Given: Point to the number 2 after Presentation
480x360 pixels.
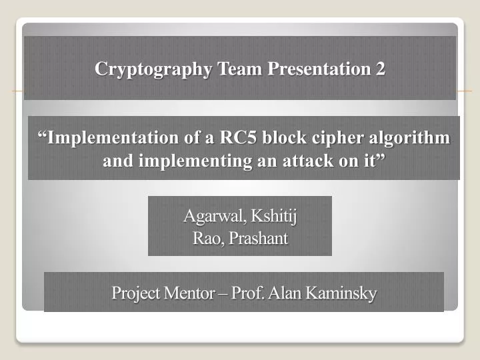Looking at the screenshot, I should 380,69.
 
